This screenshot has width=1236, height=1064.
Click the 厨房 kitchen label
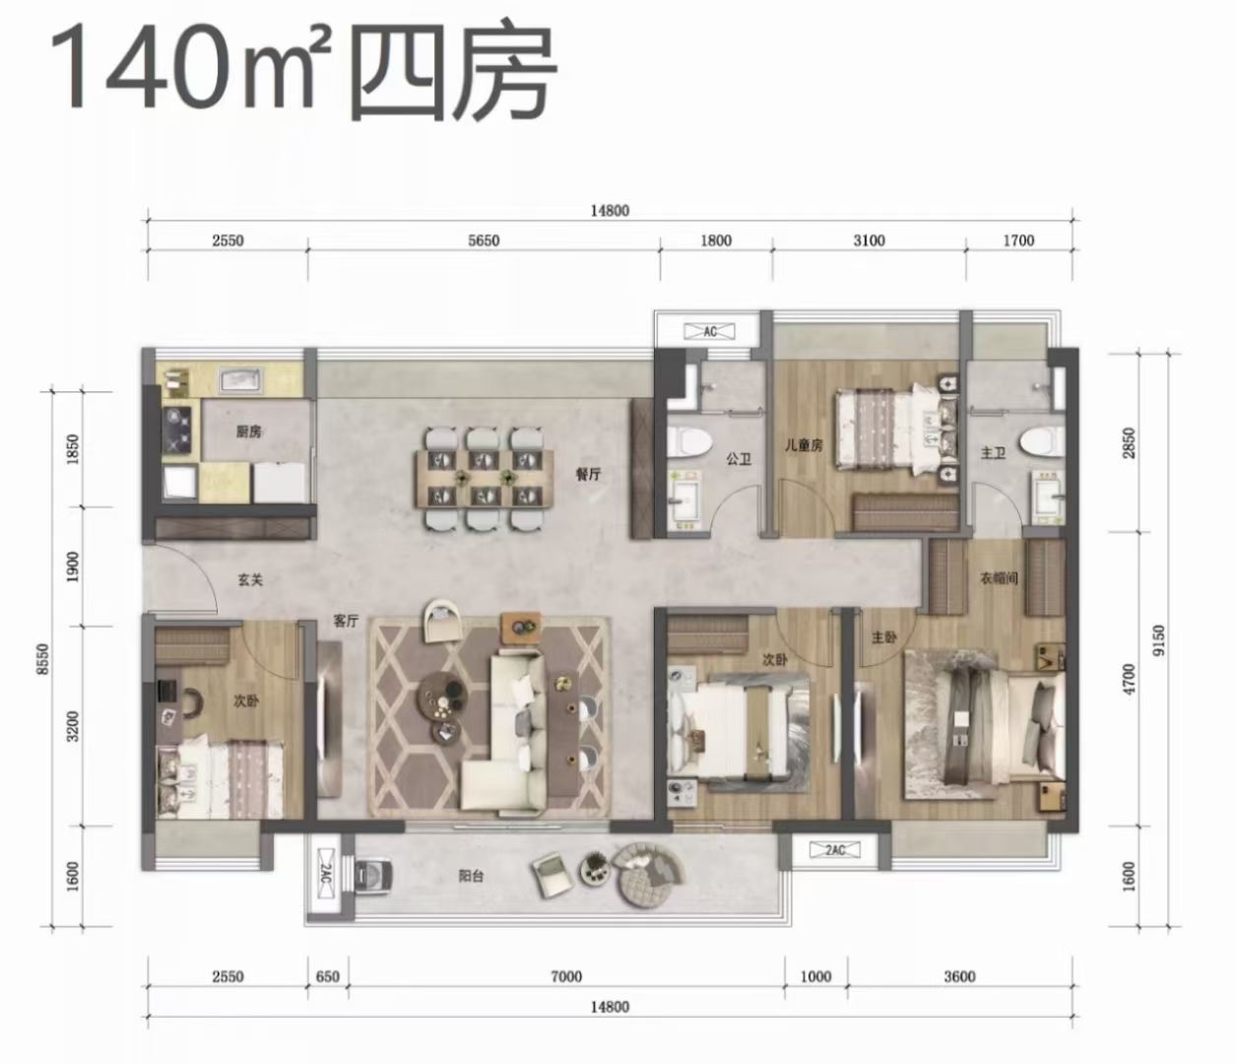coord(248,432)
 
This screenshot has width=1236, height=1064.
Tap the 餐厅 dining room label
coord(589,474)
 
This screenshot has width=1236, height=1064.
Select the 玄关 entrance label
coord(251,580)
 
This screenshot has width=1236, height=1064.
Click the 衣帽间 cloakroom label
coord(998,578)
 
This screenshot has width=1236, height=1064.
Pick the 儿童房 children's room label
coord(803,445)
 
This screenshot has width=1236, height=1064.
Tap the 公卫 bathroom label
coord(739,458)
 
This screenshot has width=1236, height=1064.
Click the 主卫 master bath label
coord(992,452)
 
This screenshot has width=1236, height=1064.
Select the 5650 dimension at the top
coord(483,240)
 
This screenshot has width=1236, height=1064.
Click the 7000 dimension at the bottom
coord(566,976)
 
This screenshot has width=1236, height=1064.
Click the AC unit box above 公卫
coord(710,331)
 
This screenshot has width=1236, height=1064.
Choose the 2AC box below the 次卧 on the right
coord(835,849)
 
